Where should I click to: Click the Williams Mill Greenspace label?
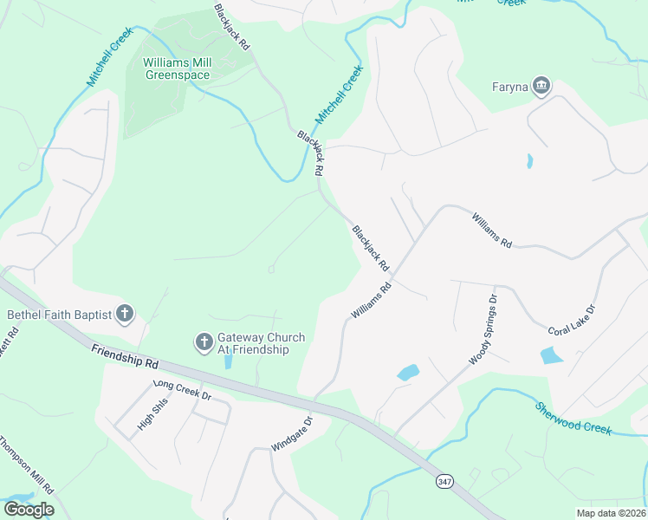177,68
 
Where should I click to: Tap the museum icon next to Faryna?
541,85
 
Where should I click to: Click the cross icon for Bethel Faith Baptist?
125,314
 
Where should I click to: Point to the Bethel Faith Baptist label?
59,315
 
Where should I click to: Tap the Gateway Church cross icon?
204,342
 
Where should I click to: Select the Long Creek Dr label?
182,389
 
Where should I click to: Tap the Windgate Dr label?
290,436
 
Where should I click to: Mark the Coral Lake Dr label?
572,321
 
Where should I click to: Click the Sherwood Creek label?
573,419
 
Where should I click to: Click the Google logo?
29,510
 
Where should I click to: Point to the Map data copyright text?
612,513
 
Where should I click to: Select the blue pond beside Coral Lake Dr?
551,355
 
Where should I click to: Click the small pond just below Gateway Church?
228,361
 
